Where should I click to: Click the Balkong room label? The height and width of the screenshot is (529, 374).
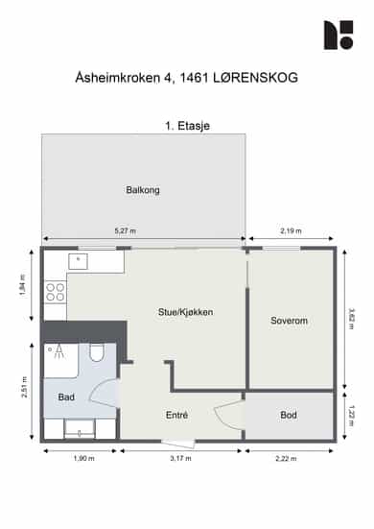(143, 190)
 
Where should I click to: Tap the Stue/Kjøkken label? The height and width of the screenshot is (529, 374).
(185, 312)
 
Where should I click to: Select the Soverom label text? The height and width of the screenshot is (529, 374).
(289, 321)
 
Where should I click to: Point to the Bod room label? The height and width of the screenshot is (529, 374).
(289, 415)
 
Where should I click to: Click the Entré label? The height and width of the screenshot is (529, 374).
(176, 415)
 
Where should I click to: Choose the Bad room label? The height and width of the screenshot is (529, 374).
(66, 397)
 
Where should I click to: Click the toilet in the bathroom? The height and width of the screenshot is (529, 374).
(96, 352)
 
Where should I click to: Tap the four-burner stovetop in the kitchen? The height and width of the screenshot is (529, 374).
(56, 292)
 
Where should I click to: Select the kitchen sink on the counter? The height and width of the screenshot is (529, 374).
(79, 261)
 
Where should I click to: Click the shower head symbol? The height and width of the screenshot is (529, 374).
(59, 352)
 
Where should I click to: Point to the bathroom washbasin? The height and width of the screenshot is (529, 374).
(80, 429)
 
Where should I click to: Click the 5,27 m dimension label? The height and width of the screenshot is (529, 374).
(126, 231)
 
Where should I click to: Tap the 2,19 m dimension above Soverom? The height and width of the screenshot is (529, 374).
(291, 231)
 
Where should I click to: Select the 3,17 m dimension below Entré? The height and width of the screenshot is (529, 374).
(180, 459)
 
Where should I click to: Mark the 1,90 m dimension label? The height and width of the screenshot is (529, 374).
(83, 459)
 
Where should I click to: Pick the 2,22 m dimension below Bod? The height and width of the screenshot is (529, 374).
(286, 459)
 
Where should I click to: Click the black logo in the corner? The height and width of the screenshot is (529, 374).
(339, 36)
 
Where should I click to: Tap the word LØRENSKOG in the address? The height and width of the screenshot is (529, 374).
(256, 78)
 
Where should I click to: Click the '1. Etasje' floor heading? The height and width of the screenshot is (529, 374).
(187, 126)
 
